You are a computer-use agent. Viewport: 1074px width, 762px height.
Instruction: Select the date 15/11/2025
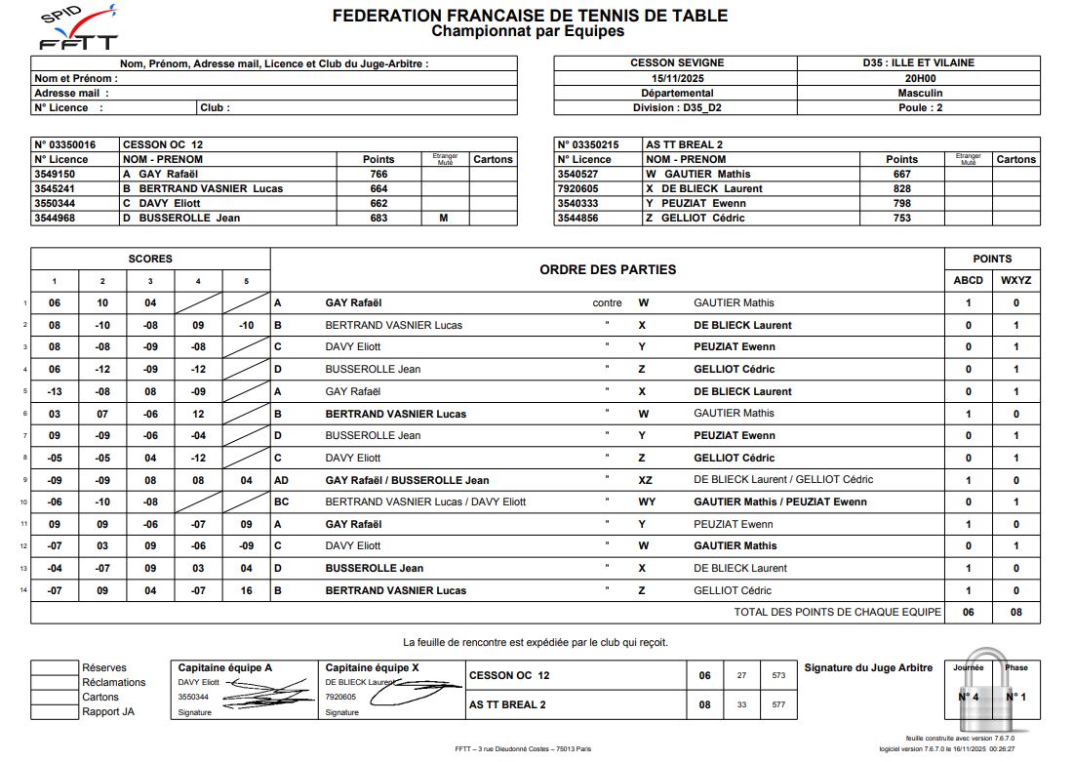[x=677, y=78]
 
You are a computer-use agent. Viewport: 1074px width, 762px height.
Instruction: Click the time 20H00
[x=919, y=78]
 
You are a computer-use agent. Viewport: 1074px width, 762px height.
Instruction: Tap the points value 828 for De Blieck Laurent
[x=901, y=188]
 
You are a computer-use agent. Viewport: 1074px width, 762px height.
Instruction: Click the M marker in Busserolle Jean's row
[x=443, y=218]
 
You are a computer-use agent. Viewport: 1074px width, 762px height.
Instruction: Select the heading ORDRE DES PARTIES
[x=607, y=269]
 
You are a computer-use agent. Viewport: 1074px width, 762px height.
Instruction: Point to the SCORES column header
[x=150, y=259]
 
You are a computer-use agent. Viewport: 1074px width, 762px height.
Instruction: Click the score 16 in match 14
[x=246, y=590]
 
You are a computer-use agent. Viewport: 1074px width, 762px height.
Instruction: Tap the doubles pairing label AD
[x=282, y=480]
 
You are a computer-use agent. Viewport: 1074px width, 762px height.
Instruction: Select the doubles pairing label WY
[x=646, y=501]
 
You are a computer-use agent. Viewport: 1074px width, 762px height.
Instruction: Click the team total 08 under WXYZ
[x=1015, y=613]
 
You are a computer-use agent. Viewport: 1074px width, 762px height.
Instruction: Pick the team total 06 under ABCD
[x=968, y=613]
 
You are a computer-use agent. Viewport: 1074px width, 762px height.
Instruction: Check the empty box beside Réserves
[x=55, y=668]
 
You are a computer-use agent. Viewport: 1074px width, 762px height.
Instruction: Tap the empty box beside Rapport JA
[x=55, y=711]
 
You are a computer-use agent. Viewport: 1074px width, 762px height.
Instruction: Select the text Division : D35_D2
[x=676, y=107]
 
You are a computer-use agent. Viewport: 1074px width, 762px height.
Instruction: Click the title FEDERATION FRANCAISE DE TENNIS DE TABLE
[x=530, y=16]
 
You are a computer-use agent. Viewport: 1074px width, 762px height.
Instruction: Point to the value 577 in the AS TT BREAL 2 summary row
[x=777, y=704]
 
